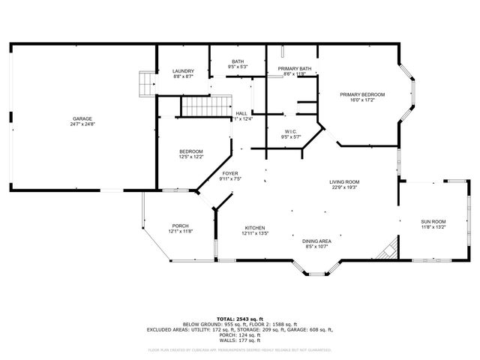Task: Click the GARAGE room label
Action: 82,119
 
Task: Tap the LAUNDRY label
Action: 183,71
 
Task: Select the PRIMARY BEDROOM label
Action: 361,94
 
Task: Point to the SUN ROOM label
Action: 433,221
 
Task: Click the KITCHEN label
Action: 255,228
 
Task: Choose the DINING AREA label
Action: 316,241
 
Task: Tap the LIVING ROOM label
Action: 344,181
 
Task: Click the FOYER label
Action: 229,173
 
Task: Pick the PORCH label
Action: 180,226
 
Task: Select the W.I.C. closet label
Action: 290,131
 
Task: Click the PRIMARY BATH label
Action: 293,69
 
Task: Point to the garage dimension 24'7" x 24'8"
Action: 82,124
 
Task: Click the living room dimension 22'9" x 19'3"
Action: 344,187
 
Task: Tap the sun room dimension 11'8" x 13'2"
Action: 433,227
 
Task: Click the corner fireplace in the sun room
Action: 388,250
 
